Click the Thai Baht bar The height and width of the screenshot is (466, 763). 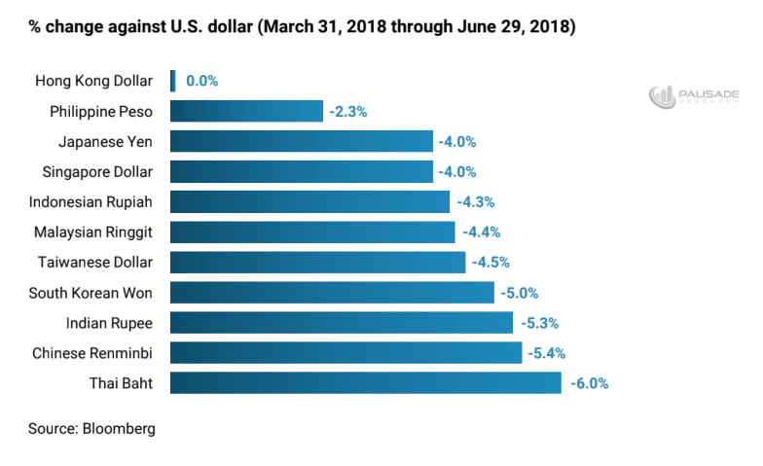coord(365,382)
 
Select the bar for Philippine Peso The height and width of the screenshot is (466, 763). coord(246,111)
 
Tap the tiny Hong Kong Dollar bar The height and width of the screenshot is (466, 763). coord(173,81)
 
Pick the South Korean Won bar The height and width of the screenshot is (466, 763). coord(332,292)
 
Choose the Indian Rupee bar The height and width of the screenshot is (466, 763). coord(342,322)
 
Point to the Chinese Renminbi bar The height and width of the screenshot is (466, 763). coord(345,352)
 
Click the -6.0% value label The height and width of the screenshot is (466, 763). coord(589,383)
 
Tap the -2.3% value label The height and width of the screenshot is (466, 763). coord(347,112)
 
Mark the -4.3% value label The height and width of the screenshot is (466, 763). coord(476,202)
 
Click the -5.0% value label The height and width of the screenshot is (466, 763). coord(519,293)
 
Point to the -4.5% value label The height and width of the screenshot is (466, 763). coord(490,263)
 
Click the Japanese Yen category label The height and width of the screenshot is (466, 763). coord(105,142)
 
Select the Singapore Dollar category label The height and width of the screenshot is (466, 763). coord(97,172)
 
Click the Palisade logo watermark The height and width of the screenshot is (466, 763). coord(694,95)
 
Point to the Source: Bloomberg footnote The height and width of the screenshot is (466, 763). coord(91,428)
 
